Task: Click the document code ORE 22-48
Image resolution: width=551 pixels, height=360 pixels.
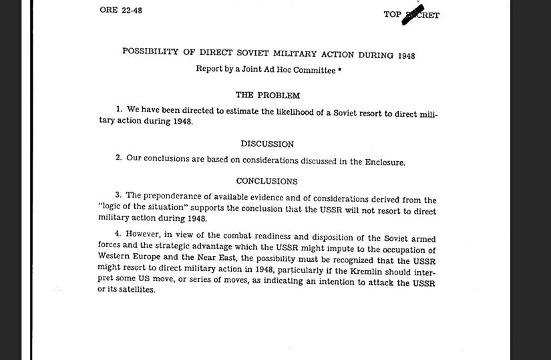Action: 120,10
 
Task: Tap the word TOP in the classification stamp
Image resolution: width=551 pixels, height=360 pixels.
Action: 392,15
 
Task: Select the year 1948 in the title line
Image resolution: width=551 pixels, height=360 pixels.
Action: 405,55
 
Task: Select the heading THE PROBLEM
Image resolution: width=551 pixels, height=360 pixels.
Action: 267,95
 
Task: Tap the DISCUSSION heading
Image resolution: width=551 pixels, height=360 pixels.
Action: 267,144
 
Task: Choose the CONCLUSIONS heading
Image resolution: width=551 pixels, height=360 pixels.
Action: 267,181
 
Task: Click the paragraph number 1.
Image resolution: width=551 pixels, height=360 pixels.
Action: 118,109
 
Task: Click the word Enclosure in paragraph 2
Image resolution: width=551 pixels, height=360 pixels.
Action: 385,162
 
